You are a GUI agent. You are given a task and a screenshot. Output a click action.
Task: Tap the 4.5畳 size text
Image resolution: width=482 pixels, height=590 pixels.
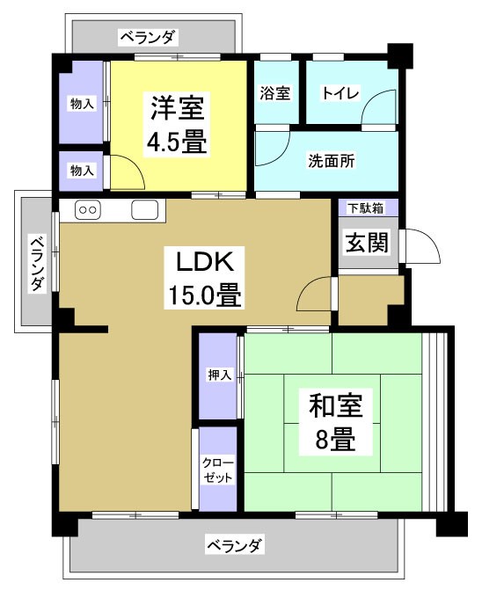[x=178, y=142]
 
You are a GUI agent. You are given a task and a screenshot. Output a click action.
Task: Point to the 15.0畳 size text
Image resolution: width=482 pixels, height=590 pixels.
[x=204, y=294]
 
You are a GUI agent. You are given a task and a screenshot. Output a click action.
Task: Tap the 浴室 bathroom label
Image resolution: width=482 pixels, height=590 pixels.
[x=276, y=93]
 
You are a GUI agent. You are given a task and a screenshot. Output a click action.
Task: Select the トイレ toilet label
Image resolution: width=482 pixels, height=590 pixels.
[x=340, y=93]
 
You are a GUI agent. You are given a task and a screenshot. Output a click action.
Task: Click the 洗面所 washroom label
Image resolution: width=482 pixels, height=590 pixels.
[x=332, y=161]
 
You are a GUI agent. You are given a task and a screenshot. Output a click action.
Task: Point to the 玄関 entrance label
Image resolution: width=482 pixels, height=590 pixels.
[x=366, y=242]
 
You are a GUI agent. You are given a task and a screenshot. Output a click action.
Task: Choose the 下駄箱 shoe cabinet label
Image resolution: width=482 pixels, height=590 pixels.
[x=365, y=208]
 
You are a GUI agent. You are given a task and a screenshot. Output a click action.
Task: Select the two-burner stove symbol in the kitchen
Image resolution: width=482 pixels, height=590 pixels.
[x=89, y=209]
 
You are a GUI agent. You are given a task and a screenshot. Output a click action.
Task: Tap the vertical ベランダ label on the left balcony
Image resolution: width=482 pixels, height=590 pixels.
[x=36, y=264]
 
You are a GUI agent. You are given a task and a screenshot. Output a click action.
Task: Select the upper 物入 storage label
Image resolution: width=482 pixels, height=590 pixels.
[x=82, y=104]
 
